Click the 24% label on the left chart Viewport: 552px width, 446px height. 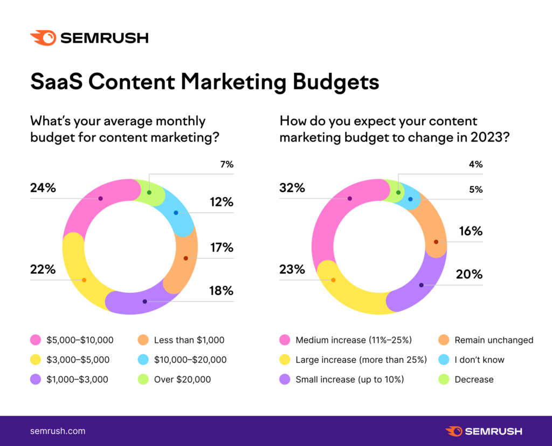click(43, 188)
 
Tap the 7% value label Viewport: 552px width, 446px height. click(226, 164)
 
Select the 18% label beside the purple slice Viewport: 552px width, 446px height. click(221, 291)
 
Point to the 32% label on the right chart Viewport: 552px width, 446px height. click(292, 188)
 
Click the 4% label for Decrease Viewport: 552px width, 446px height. click(475, 164)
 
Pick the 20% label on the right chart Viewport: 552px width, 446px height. click(470, 274)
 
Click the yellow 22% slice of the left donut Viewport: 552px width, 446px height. click(81, 275)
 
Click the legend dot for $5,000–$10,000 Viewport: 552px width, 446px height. click(36, 340)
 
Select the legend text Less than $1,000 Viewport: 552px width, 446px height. click(188, 340)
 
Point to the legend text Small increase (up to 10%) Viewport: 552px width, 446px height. click(349, 380)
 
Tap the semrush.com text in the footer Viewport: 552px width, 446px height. click(58, 431)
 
